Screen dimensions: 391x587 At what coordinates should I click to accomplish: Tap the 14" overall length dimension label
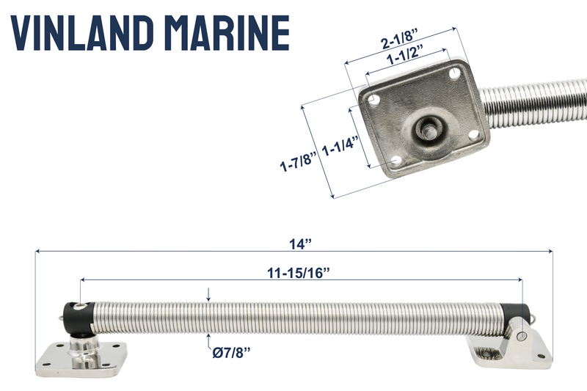[x=293, y=241]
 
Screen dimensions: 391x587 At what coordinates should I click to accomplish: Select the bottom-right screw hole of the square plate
[x=474, y=135]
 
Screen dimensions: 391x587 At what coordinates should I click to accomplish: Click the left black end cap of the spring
[x=76, y=316]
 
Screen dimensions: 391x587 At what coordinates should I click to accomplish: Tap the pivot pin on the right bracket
[x=521, y=336]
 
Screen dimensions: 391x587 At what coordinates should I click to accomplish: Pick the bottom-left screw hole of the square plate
[x=397, y=159]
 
